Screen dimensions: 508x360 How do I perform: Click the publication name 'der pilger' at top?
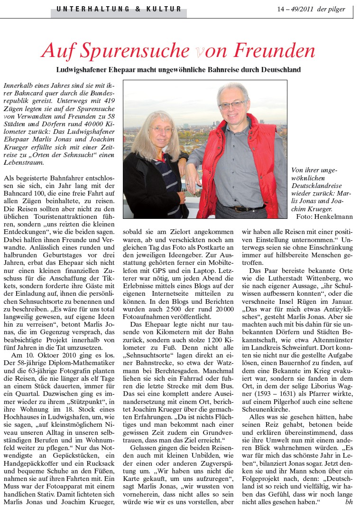332,9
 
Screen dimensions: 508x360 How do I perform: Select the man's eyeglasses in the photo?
232,104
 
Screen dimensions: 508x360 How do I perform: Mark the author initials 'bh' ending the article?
349,502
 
